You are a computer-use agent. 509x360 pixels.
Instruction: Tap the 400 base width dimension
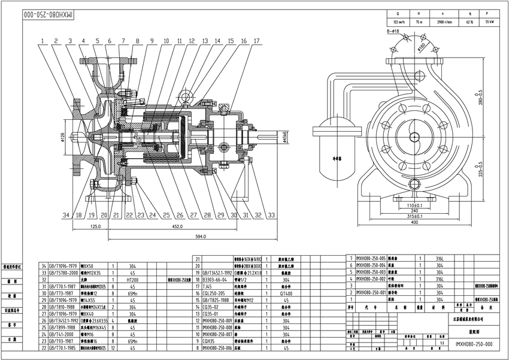[x=414, y=222]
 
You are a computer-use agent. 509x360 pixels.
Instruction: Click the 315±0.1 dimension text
[x=414, y=216]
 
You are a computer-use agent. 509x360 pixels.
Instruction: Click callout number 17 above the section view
[x=257, y=41]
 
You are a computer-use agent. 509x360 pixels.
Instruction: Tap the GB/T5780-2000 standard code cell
[x=65, y=271]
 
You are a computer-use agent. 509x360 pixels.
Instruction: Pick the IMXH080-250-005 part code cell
[x=371, y=257]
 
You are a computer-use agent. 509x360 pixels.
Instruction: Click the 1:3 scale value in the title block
[x=443, y=343]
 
